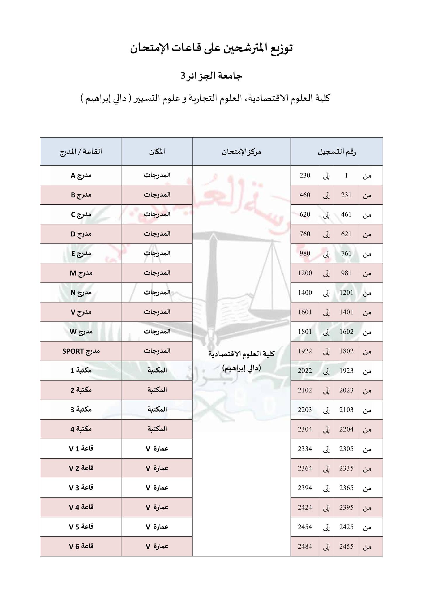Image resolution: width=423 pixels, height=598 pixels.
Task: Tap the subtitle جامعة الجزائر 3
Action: pos(211,76)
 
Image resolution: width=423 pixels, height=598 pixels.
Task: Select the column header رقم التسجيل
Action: pos(337,152)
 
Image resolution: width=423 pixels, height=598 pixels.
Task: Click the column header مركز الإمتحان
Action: pos(241,152)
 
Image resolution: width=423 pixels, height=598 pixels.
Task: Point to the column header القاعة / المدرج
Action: pos(81,152)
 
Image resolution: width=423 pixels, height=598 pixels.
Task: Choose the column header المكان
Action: pos(157,152)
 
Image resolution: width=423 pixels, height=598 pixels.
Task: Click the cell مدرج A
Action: pos(81,175)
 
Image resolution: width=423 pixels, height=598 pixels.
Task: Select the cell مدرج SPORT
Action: pos(81,351)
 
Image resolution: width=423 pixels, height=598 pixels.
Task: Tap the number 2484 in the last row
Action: pos(305,546)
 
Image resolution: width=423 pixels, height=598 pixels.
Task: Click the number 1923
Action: pos(346,371)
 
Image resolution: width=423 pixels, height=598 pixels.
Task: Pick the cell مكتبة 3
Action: pos(81,410)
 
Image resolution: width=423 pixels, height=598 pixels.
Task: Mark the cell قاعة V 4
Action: pos(81,507)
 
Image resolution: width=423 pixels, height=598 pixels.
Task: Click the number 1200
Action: pos(305,273)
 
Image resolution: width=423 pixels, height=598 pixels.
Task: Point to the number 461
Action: pos(346,214)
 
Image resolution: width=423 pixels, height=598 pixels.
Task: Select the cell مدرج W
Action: pos(81,331)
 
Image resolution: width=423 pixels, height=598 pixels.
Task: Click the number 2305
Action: pos(346,449)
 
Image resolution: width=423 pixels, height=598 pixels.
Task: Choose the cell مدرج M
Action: pos(81,273)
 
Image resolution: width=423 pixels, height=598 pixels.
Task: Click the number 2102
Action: pos(305,390)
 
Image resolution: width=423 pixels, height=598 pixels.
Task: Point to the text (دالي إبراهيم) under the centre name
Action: pos(241,368)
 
